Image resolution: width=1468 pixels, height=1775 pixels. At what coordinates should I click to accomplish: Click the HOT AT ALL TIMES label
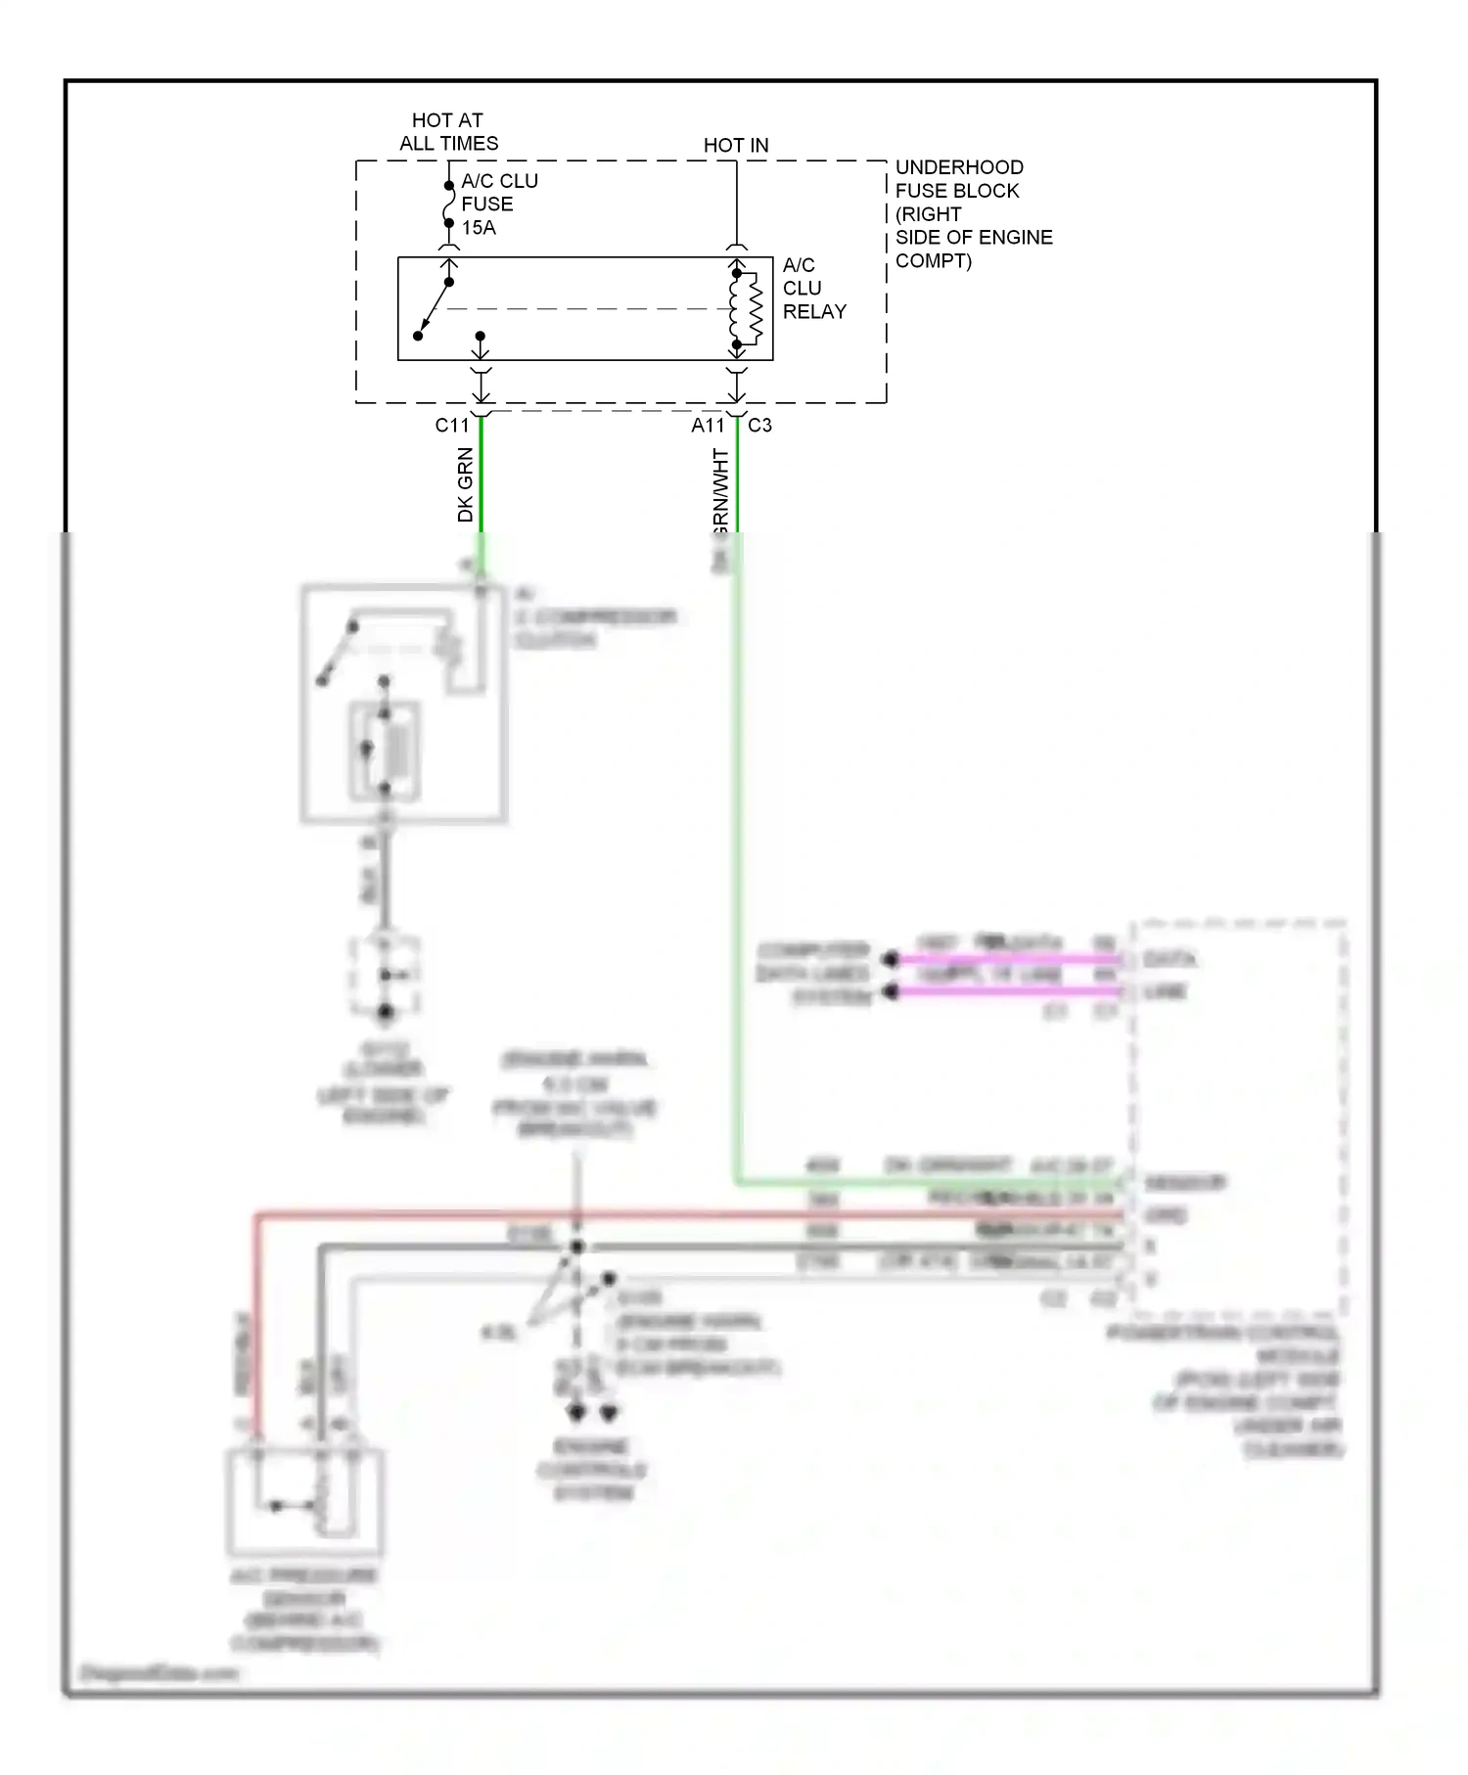coord(448,132)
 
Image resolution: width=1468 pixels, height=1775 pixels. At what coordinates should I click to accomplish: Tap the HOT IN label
coord(736,146)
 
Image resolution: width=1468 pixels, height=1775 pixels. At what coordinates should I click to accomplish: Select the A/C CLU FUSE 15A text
coord(498,205)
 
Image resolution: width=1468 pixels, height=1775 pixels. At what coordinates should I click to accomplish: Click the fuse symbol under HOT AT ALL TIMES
coord(449,205)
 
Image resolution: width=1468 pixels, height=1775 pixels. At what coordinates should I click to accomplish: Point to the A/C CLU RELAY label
coord(813,289)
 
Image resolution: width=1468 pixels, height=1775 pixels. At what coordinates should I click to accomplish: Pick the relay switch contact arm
coord(434,309)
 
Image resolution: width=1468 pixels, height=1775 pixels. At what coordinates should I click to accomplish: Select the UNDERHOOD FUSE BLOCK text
coord(973,214)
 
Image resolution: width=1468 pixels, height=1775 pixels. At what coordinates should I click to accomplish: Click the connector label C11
coord(452,426)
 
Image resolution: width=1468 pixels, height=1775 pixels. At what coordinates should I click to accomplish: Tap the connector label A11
coord(708,426)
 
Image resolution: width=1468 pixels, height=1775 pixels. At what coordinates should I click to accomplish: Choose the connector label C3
coord(759,426)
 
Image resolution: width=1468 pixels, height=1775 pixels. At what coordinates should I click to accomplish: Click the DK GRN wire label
coord(466,484)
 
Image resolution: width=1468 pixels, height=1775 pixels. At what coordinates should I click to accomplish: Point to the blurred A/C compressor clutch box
coord(404,704)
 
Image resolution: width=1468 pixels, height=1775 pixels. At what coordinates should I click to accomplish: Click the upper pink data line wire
coord(1008,960)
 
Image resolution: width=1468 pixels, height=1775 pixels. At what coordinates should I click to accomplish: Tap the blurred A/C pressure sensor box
coord(305,1502)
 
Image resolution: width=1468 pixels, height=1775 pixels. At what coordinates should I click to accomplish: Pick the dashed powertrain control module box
coord(1239,1115)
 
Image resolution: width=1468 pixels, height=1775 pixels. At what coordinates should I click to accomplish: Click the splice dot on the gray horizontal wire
coord(577,1247)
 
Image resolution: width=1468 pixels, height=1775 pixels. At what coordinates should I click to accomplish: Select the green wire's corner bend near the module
coord(738,1182)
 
